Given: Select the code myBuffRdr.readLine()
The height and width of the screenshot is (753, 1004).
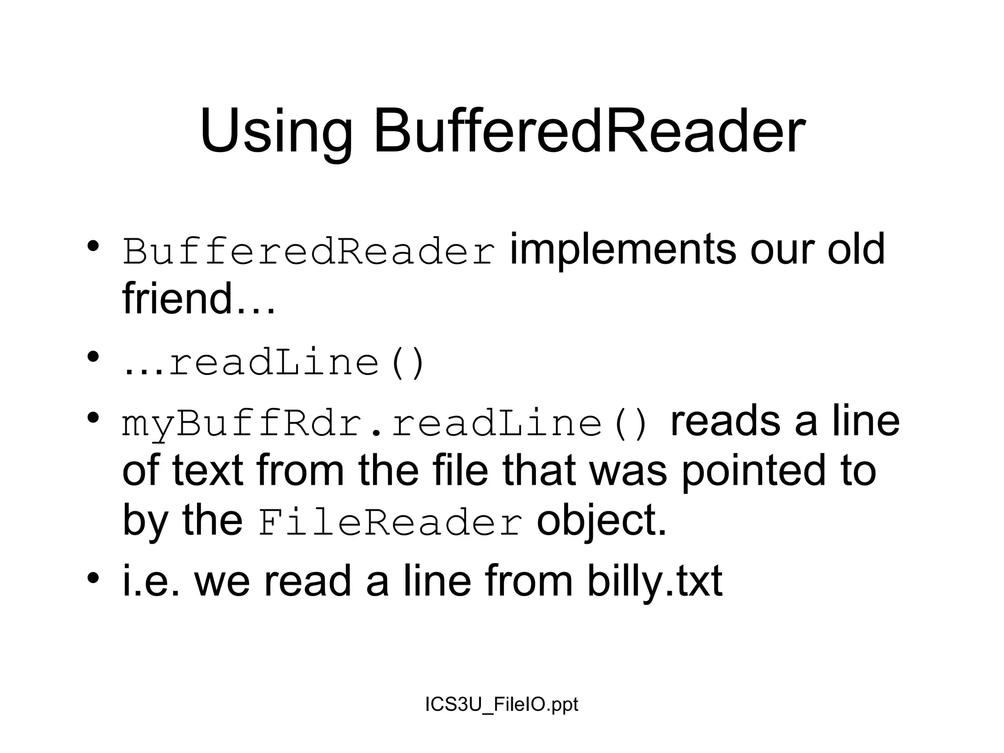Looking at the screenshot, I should [385, 424].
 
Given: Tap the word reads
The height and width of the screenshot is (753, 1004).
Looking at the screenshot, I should [725, 422].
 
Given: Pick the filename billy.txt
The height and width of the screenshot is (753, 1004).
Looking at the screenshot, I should [654, 581].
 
